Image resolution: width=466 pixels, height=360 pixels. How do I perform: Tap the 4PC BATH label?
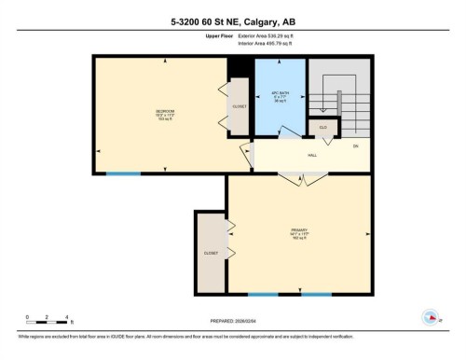(x=279, y=96)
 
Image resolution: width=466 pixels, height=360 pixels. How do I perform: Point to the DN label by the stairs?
(x=355, y=145)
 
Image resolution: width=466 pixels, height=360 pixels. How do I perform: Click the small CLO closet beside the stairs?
(x=322, y=126)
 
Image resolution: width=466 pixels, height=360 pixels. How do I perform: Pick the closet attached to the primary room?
(x=211, y=253)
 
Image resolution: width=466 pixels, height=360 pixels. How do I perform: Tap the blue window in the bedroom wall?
(x=123, y=173)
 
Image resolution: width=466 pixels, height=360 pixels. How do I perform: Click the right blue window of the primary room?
(x=315, y=295)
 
